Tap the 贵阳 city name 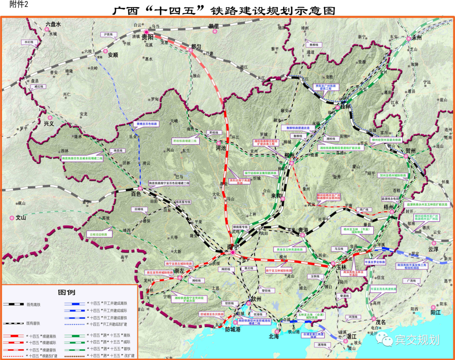(x=147, y=38)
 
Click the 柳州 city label (x=289, y=156)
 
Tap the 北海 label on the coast (x=274, y=336)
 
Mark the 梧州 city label (x=388, y=207)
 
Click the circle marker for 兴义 (x=50, y=118)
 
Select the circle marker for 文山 (x=12, y=218)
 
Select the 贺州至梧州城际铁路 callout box (x=393, y=175)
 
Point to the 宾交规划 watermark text (x=417, y=340)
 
